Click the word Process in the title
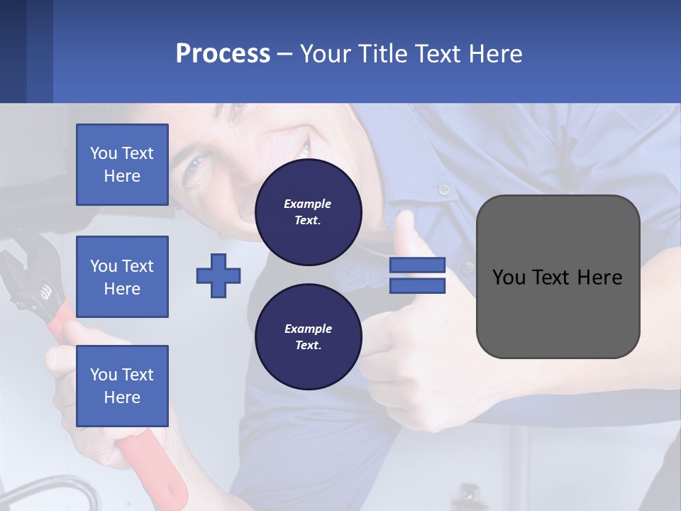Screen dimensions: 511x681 223,53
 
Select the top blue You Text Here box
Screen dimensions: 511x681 122,165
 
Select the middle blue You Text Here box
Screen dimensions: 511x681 122,277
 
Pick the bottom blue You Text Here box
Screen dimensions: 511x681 122,386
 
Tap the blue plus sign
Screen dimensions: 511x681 218,275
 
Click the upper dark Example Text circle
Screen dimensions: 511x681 308,212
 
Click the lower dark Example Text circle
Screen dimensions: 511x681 308,337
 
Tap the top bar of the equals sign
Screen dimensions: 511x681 417,265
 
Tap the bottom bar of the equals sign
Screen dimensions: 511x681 417,285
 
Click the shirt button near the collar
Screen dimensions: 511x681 443,189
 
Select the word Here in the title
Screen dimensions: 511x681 496,53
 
